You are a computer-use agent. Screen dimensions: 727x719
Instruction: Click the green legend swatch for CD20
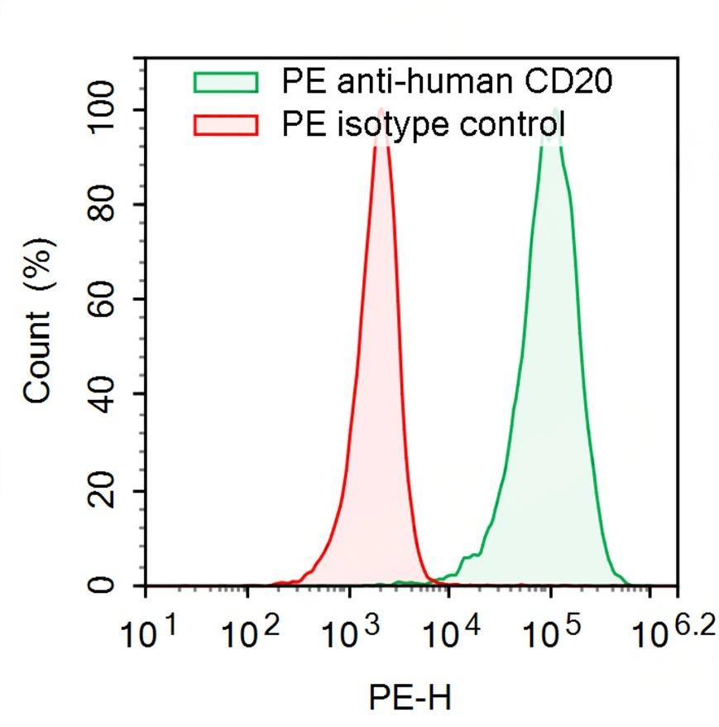coord(226,82)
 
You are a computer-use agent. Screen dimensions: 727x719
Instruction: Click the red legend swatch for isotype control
coord(226,125)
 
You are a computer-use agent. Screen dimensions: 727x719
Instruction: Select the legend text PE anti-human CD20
coord(448,82)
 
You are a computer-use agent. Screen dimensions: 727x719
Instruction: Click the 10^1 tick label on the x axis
coord(149,636)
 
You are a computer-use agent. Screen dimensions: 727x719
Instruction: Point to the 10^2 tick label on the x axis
coord(250,636)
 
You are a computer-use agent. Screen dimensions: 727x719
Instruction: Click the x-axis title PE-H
coord(410,697)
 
